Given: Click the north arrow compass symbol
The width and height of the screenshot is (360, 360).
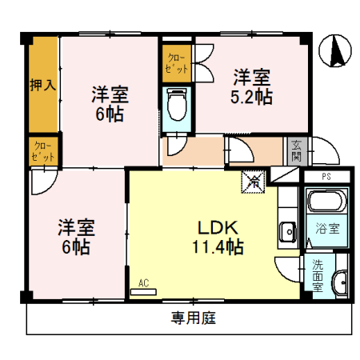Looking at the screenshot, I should pos(335,52).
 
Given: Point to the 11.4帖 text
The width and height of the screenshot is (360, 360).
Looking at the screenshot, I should pos(213,246).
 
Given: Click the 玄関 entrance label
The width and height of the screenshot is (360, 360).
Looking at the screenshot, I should pos(296,150).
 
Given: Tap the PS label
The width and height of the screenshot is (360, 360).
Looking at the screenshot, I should pos(326,176).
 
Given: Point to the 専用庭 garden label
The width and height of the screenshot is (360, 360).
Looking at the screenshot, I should pos(193,318).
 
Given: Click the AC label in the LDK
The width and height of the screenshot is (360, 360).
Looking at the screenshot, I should pos(144,282).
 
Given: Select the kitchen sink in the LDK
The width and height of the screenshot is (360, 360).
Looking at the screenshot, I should pos(287,232).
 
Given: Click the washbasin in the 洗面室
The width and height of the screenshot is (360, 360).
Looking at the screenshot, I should pos(340,282).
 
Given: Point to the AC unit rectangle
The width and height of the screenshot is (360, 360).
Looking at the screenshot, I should pos(144,292).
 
